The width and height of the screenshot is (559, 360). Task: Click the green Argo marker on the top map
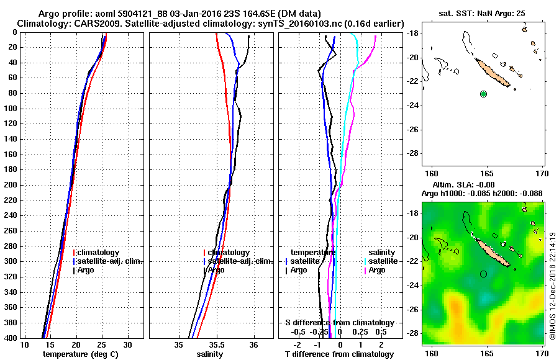pyautogui.click(x=484, y=94)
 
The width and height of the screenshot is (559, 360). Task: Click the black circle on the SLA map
pyautogui.click(x=483, y=274)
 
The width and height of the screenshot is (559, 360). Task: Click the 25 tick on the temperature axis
pyautogui.click(x=102, y=345)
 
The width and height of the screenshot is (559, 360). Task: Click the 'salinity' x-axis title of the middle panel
pyautogui.click(x=208, y=354)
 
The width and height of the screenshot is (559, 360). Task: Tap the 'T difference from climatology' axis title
pyautogui.click(x=339, y=354)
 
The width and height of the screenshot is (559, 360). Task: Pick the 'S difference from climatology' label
pyautogui.click(x=339, y=323)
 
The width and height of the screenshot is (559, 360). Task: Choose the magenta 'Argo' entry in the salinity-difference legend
pyautogui.click(x=377, y=271)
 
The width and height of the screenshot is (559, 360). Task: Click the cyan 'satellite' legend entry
pyautogui.click(x=383, y=261)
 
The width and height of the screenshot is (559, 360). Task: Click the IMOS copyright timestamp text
pyautogui.click(x=553, y=273)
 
